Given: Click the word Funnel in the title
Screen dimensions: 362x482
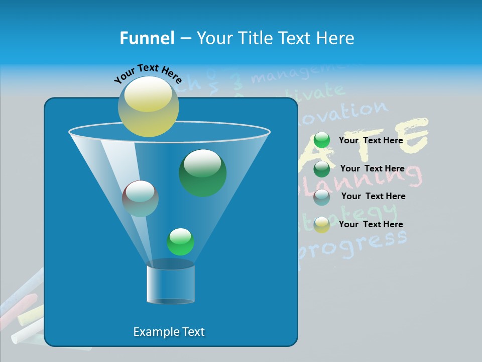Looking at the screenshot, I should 147,38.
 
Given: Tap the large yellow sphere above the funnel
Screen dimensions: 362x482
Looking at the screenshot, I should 148,106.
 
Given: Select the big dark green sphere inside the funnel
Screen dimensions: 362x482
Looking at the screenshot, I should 202,172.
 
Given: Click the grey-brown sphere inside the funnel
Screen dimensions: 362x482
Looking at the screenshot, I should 140,198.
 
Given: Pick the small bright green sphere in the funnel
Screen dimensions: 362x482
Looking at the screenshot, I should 180,242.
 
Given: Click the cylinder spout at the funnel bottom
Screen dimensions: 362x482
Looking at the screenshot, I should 170,284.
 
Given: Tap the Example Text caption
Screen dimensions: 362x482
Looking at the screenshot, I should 169,332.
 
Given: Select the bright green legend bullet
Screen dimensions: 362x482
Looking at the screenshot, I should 322,140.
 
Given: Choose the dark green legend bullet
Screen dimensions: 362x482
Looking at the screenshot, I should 322,169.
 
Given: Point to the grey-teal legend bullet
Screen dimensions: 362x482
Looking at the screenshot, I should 322,197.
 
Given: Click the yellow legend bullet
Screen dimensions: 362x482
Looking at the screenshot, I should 322,225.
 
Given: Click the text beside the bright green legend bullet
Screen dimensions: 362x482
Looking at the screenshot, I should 371,140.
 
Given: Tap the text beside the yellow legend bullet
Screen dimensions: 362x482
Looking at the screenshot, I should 371,224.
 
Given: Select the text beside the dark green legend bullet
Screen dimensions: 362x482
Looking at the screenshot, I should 372,168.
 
